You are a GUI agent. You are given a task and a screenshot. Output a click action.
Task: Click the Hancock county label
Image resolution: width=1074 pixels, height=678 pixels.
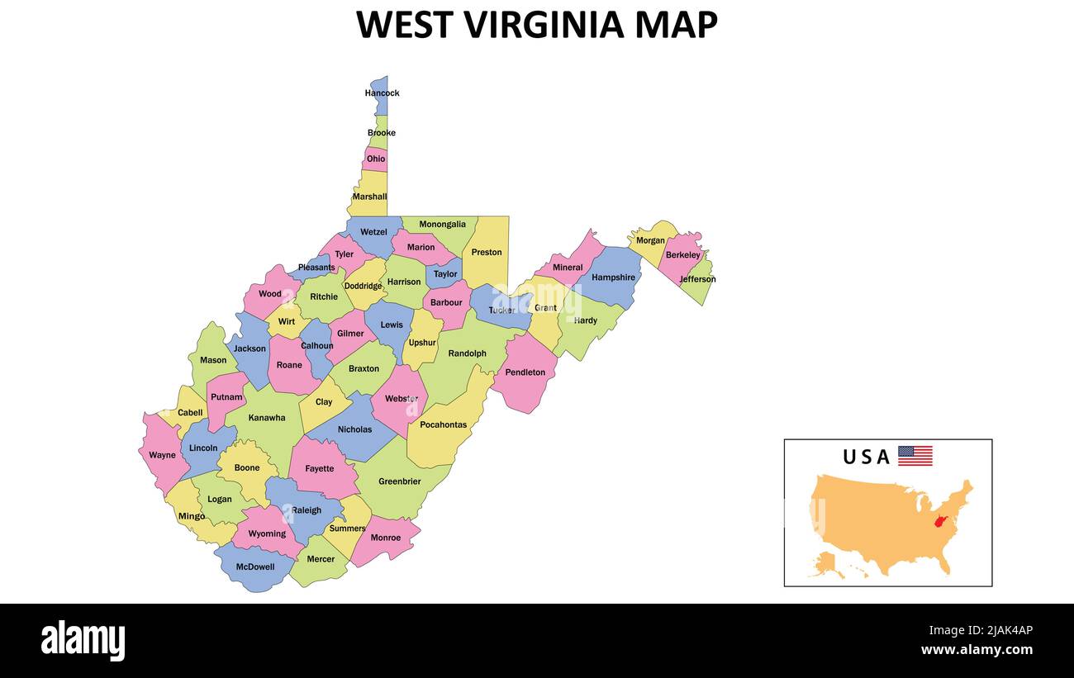(x=382, y=93)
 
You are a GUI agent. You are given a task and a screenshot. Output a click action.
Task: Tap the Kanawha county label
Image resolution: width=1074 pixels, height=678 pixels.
(x=267, y=418)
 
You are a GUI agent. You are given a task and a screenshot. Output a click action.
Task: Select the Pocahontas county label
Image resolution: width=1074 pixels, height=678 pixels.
(x=443, y=425)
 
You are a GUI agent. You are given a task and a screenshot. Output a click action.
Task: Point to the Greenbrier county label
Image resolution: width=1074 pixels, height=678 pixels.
(x=400, y=481)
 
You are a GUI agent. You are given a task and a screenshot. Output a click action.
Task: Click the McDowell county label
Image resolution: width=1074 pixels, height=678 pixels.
(x=255, y=567)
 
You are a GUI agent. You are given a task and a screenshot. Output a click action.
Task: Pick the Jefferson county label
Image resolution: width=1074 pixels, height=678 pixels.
(x=697, y=279)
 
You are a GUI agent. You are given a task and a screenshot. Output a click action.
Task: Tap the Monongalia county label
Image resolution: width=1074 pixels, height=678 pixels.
(x=442, y=225)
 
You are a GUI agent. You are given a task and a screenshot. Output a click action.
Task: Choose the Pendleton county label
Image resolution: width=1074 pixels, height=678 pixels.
(x=525, y=372)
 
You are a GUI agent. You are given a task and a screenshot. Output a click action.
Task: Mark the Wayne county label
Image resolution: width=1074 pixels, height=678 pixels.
(x=162, y=455)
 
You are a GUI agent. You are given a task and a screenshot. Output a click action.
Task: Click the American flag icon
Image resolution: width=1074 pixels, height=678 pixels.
(x=915, y=456)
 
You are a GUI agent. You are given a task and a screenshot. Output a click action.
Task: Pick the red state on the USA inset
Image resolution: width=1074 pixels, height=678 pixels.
(x=939, y=521)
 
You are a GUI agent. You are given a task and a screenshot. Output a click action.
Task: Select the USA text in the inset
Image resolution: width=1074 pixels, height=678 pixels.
(x=866, y=457)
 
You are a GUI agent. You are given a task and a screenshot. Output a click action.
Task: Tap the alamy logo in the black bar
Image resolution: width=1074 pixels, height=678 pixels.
(x=83, y=640)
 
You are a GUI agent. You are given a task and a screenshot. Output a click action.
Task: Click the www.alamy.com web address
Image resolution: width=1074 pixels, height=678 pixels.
(x=977, y=650)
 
